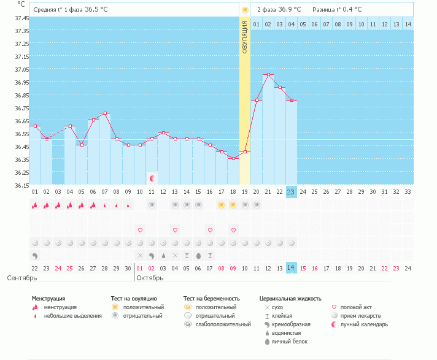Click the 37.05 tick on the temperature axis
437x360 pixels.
(21, 69)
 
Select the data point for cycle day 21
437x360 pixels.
(268, 75)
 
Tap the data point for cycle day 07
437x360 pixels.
(105, 113)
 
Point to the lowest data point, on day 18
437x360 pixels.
(234, 158)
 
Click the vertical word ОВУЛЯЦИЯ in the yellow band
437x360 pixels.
(245, 37)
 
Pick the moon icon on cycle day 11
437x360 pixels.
(152, 178)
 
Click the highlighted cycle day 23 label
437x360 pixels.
(291, 192)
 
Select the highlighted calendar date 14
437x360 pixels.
(291, 268)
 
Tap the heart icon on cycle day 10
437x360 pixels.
(140, 230)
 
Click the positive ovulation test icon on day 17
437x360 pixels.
(222, 205)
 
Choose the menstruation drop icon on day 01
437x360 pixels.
(34, 205)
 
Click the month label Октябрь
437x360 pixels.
(150, 278)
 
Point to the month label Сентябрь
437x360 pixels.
(22, 278)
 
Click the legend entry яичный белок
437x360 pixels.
(290, 342)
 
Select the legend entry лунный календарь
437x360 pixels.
(364, 324)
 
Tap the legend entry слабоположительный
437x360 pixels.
(223, 324)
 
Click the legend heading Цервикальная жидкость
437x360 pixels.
(290, 299)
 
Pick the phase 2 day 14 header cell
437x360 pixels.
(408, 24)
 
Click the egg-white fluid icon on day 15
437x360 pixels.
(198, 256)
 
